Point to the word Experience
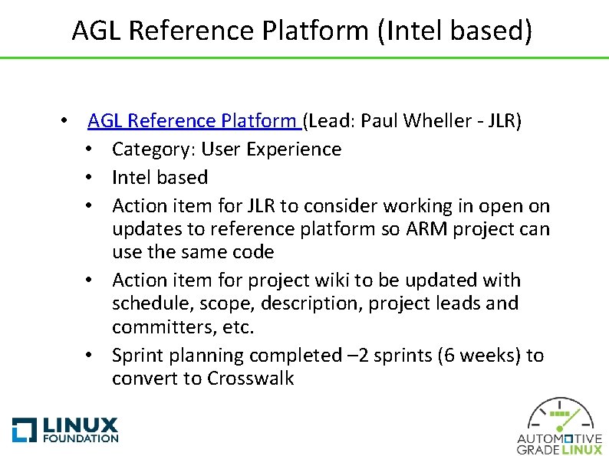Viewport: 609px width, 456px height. tap(295, 149)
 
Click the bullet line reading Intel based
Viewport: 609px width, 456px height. tap(160, 177)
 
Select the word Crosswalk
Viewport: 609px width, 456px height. tap(250, 379)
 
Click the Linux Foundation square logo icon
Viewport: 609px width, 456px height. tap(24, 429)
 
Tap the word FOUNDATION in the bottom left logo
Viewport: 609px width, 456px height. tap(81, 438)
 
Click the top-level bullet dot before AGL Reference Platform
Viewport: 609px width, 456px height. tap(68, 122)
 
